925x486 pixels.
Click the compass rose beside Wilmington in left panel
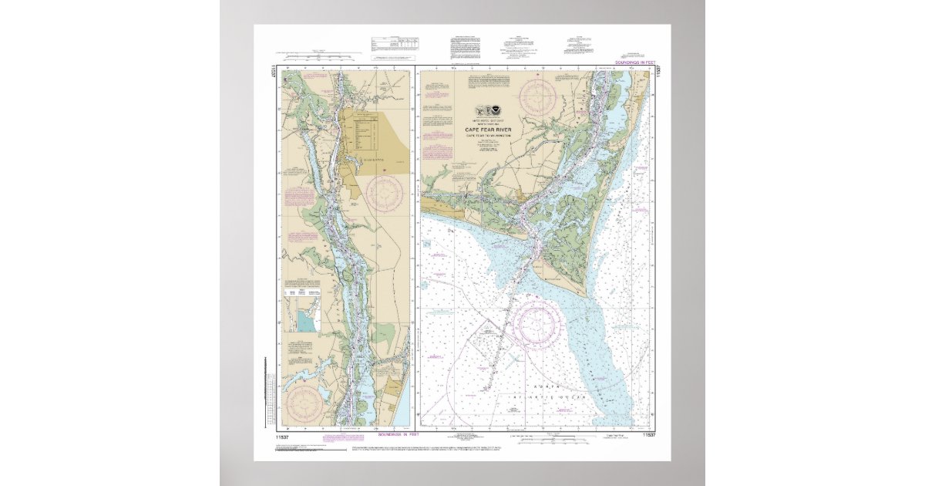coord(385,194)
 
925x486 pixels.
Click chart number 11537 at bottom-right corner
coord(649,436)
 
